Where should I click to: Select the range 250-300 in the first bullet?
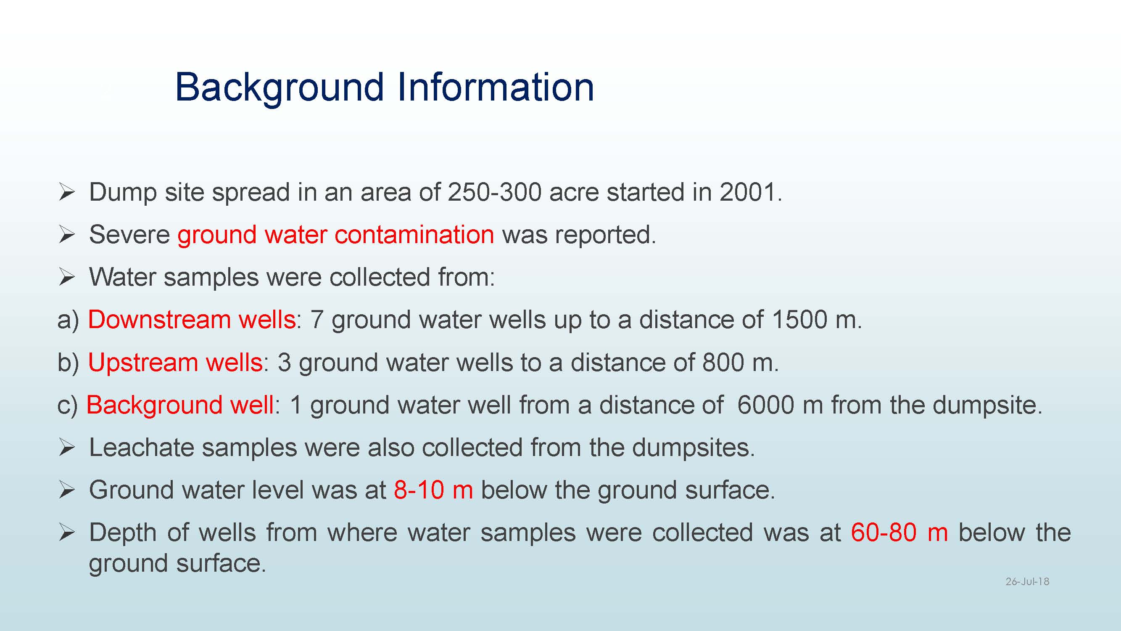494,192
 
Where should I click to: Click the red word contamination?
414,235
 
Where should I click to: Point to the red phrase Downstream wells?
192,320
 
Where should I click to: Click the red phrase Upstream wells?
175,362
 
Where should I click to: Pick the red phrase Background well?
180,405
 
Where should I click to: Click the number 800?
723,362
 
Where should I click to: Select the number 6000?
766,405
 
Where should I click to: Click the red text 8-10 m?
433,490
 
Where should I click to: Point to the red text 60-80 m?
899,533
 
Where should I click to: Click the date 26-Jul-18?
1027,581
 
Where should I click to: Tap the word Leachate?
141,448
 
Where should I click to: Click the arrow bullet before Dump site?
66,193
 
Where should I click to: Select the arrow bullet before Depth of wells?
66,533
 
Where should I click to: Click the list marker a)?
69,321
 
